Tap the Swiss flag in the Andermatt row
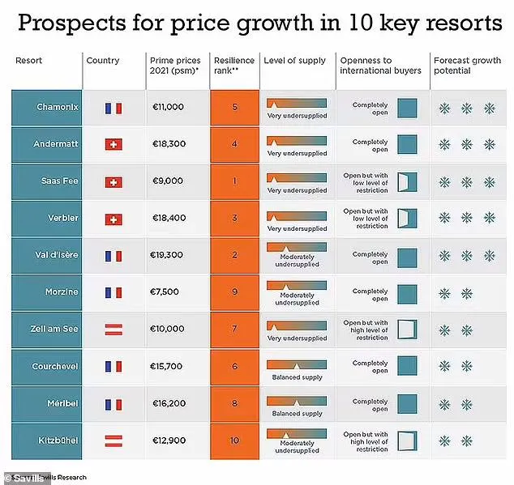point(114,144)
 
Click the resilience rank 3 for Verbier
point(234,218)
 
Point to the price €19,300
point(168,255)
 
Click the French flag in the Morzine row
point(114,292)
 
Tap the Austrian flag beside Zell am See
point(114,330)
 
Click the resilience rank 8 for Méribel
point(234,403)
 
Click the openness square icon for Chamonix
point(406,108)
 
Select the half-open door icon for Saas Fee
point(406,181)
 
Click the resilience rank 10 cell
point(234,440)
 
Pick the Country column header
point(103,61)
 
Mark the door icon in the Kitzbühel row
point(406,440)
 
